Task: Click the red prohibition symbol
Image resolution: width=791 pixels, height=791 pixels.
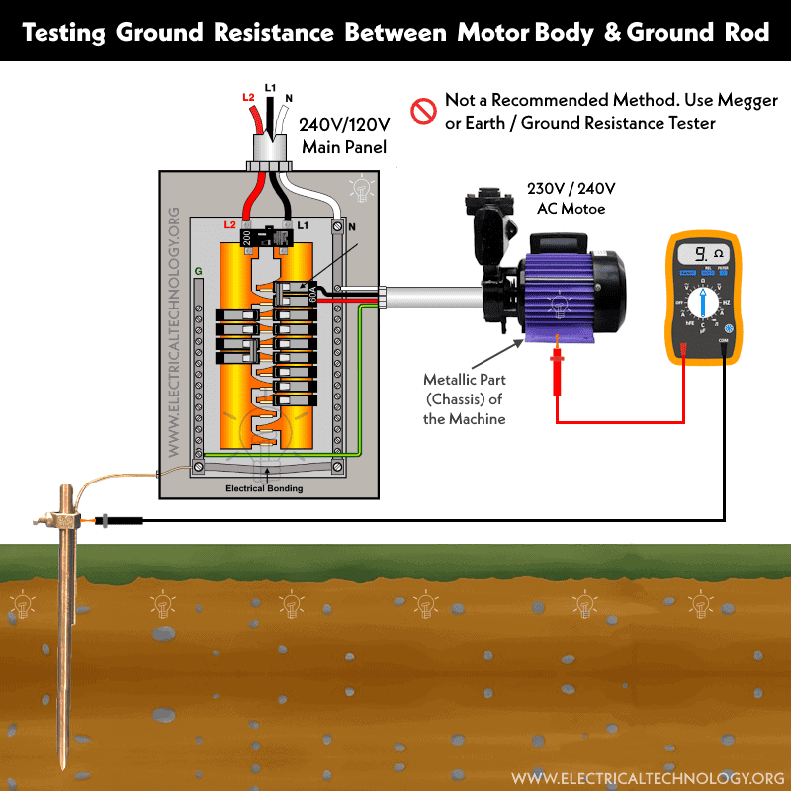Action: tap(423, 111)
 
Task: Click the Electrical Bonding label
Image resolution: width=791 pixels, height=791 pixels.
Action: tap(264, 488)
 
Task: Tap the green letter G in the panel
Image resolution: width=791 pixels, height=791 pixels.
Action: tap(198, 270)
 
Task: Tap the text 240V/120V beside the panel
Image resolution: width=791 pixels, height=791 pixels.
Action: tap(341, 126)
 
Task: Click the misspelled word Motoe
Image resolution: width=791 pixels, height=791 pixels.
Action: tap(591, 208)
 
